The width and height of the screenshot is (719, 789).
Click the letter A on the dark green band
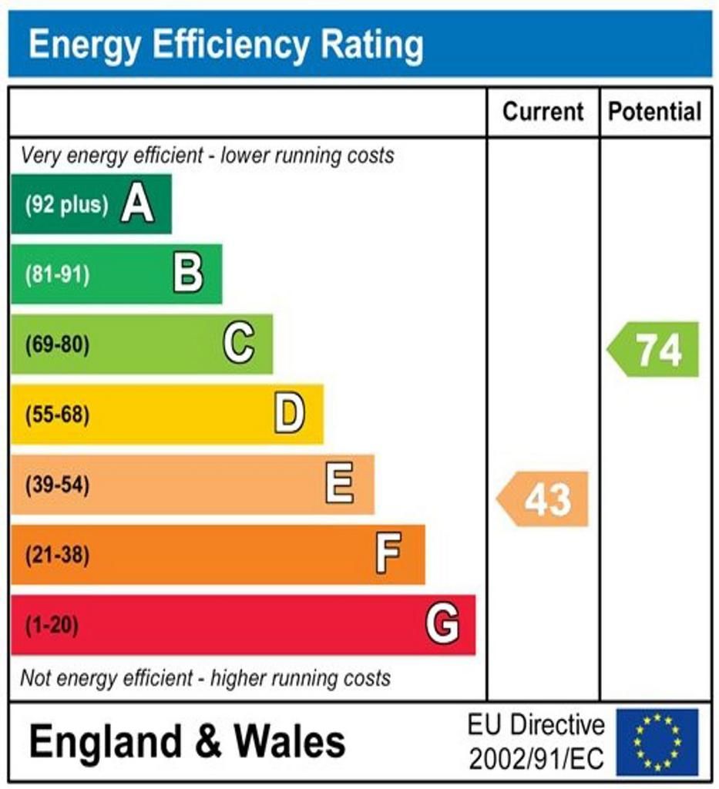coord(137,204)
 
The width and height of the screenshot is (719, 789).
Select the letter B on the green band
coord(188,274)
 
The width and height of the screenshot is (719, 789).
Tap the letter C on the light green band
coord(239,344)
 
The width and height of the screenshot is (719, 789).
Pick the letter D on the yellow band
coord(289,414)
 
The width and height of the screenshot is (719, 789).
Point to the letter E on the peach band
coord(340,484)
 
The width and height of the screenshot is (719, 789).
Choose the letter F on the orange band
coord(388,554)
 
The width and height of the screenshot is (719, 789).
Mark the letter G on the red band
coord(442,624)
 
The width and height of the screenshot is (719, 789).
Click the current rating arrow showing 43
coord(544,499)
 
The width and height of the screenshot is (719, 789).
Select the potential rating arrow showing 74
coord(654,350)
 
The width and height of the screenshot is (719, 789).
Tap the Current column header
coord(543,112)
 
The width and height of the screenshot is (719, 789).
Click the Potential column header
coord(655,112)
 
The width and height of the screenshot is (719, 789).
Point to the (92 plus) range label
coord(66,205)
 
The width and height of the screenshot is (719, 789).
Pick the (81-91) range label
coord(57,274)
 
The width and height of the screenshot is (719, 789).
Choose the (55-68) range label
coord(57,415)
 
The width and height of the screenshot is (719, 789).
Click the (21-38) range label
coord(57,555)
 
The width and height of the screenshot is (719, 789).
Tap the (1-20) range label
coord(52,625)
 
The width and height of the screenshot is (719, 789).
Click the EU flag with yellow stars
coord(657,742)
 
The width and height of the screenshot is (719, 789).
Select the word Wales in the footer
coord(290,741)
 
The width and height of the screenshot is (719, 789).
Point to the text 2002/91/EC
coord(536,759)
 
